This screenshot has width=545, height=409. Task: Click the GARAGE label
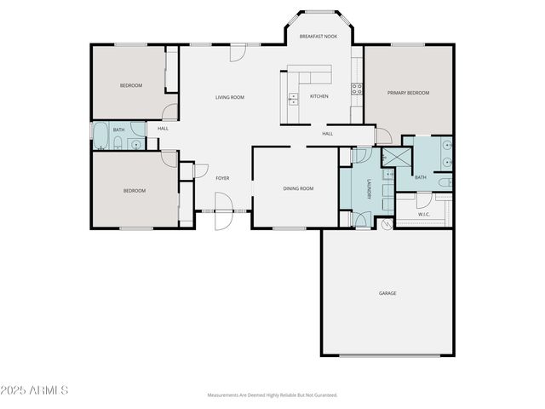(x=387, y=293)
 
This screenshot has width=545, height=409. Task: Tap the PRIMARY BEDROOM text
(x=408, y=93)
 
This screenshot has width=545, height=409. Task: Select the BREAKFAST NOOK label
(x=318, y=37)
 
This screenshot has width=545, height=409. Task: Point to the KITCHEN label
(x=318, y=95)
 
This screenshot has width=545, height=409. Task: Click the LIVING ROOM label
(x=229, y=97)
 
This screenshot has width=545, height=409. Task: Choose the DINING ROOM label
(x=298, y=188)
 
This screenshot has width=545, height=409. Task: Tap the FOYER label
(x=222, y=178)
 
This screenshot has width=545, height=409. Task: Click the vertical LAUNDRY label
(x=369, y=193)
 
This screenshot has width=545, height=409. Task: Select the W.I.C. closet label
(x=423, y=215)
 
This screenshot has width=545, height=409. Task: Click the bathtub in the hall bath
(x=101, y=136)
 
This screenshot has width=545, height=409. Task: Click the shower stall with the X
(x=395, y=157)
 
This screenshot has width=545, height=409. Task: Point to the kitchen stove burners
(x=355, y=88)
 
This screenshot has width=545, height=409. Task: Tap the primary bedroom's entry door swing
(x=383, y=135)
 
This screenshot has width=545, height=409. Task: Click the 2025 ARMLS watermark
(x=35, y=390)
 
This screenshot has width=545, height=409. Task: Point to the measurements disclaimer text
(x=272, y=395)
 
